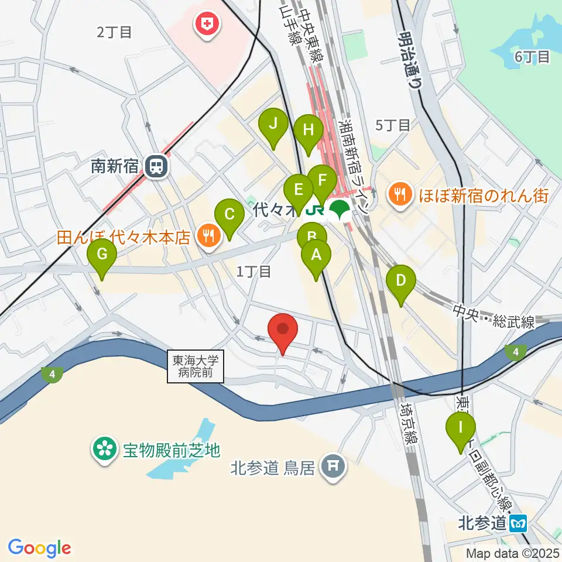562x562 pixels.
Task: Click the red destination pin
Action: (283, 333)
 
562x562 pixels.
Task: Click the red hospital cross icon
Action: (207, 25)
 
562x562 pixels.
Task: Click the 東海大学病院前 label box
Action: (196, 366)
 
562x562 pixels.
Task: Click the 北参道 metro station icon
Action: (519, 522)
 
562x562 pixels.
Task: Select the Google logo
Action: (40, 549)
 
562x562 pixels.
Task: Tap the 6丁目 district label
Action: (533, 57)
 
